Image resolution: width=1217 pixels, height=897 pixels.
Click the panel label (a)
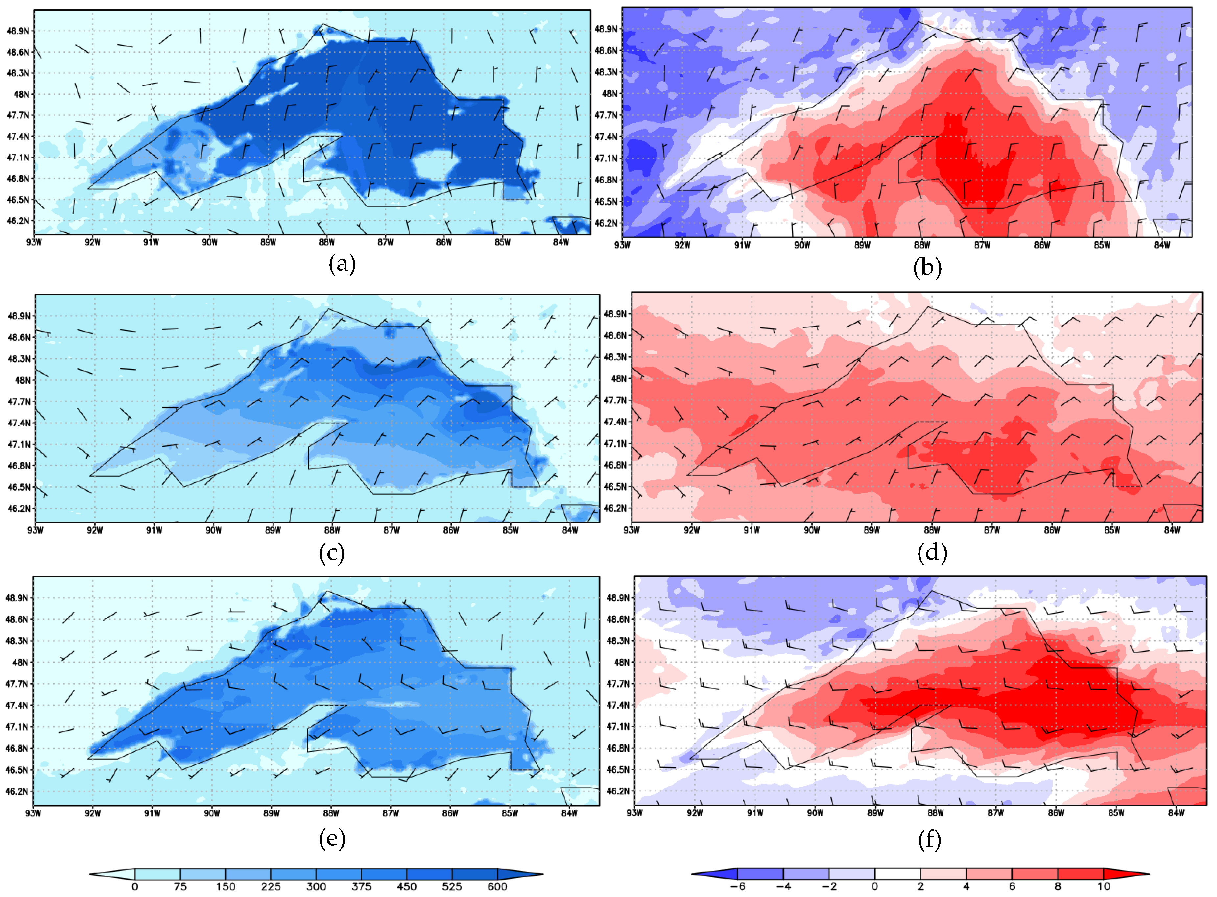coord(342,264)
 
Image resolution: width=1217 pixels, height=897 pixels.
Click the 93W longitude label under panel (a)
coord(34,242)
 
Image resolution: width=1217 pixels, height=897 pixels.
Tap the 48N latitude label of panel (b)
coord(609,93)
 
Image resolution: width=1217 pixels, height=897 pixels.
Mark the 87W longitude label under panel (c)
coord(392,530)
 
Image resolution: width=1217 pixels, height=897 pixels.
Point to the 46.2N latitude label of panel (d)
coord(615,508)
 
